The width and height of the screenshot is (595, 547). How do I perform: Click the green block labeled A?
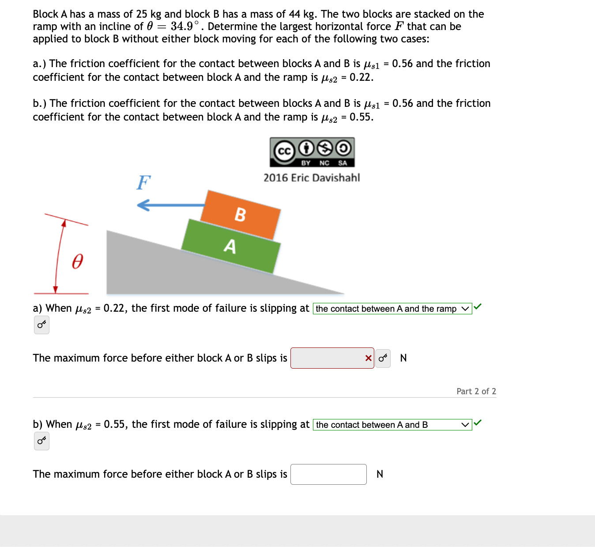(231, 246)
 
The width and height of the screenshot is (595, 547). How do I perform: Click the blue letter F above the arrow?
(143, 182)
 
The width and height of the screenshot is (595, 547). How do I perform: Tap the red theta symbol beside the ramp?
(77, 261)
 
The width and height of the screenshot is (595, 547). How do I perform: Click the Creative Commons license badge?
(312, 152)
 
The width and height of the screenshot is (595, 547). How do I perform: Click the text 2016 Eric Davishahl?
(312, 178)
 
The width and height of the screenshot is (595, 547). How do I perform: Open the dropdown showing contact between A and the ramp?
(392, 309)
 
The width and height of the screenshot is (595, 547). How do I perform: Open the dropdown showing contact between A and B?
(392, 425)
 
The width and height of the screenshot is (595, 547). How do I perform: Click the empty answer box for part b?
(328, 474)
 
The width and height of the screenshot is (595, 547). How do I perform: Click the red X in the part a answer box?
(368, 358)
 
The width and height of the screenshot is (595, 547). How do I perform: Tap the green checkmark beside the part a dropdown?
(478, 306)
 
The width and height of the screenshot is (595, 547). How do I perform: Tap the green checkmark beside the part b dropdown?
(478, 423)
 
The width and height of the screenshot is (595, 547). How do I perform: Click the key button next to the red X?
(383, 358)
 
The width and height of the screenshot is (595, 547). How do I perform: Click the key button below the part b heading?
(41, 441)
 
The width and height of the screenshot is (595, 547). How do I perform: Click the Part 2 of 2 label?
(476, 391)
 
